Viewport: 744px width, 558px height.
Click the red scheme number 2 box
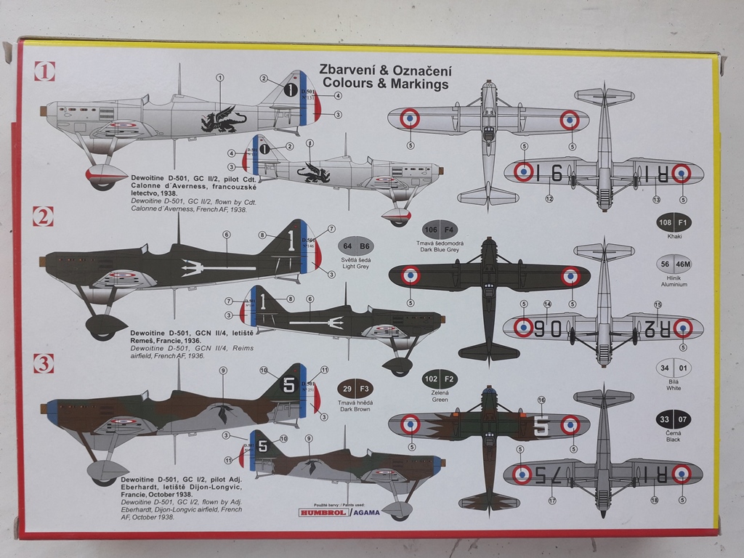coord(44,216)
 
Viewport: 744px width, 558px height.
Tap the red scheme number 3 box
coord(44,362)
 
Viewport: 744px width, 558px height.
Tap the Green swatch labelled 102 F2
coord(440,379)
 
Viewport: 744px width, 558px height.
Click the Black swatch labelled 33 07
coord(674,419)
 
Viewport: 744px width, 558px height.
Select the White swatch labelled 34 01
coord(674,368)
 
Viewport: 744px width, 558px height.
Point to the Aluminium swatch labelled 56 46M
coord(674,264)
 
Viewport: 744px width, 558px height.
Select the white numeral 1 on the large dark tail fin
coord(291,241)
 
